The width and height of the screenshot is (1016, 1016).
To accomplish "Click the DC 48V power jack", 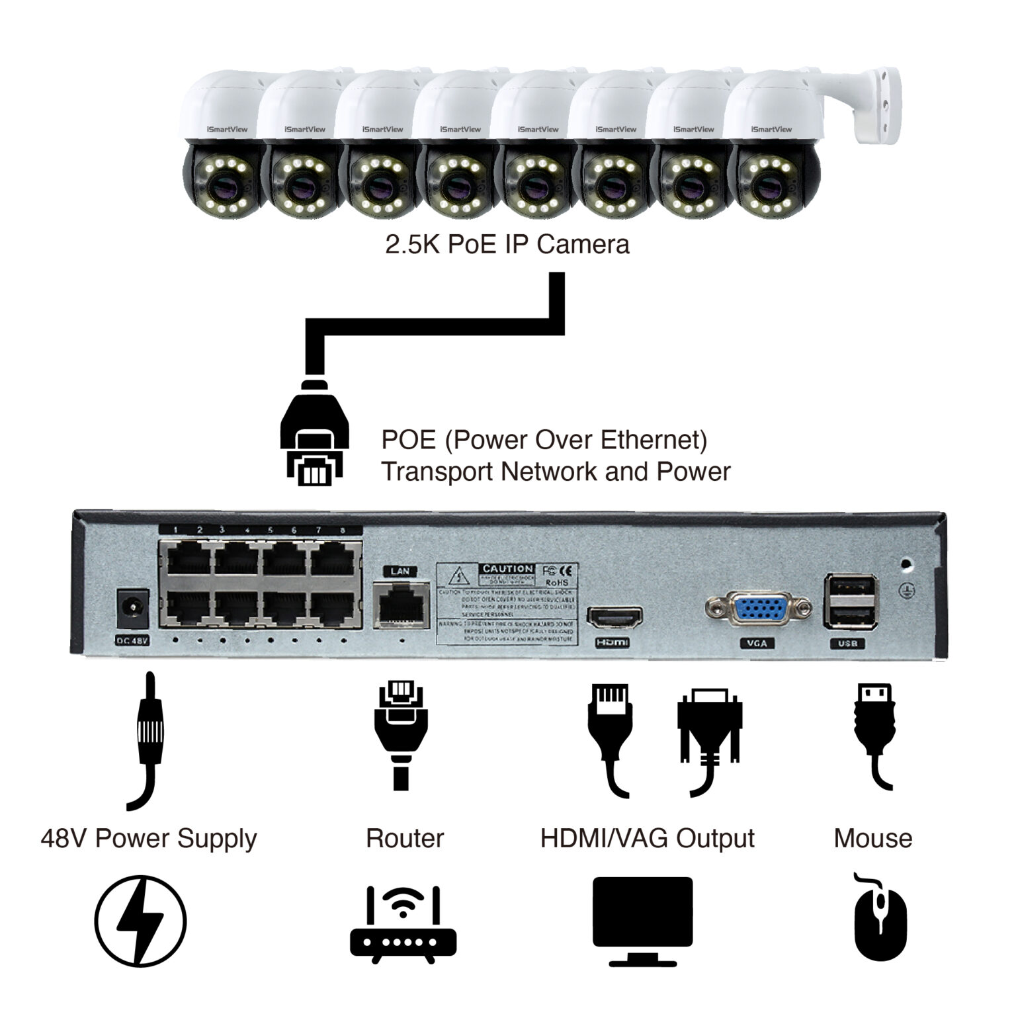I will point(132,609).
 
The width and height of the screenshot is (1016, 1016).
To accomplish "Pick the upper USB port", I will point(851,587).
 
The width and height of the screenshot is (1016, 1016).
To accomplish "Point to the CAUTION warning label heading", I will point(507,569).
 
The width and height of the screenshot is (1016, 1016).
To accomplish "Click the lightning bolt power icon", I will point(140,921).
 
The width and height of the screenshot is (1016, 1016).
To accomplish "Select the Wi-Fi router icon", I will point(403,924).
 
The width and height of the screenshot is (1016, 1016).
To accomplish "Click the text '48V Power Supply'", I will point(148,838).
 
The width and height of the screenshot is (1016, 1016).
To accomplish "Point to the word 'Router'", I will point(404,838).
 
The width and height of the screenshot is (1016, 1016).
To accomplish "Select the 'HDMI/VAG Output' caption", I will point(647,838).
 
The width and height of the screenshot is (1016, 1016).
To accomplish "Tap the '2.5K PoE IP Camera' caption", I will point(507,245).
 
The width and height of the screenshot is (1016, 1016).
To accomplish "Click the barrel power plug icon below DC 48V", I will point(149,738).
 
